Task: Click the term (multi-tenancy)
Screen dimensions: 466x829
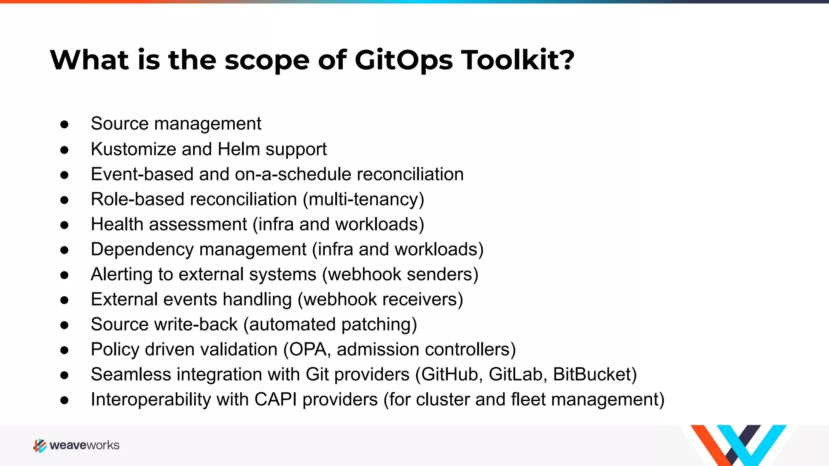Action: pyautogui.click(x=363, y=200)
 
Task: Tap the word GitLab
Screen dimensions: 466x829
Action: pyautogui.click(x=515, y=375)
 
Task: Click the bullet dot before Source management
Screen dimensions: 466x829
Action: pyautogui.click(x=64, y=125)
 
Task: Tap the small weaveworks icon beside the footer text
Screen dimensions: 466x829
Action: pyautogui.click(x=40, y=445)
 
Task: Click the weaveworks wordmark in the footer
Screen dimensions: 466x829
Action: pyautogui.click(x=84, y=445)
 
